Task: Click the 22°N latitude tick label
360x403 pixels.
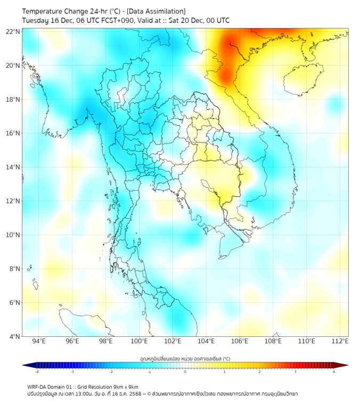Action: (13, 31)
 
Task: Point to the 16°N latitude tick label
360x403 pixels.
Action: (13, 133)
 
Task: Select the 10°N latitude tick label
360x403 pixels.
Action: (13, 235)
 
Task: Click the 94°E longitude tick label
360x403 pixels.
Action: (39, 341)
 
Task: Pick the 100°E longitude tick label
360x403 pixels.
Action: (139, 341)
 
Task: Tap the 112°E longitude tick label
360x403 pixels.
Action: (340, 341)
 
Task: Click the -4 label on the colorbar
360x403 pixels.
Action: (36, 372)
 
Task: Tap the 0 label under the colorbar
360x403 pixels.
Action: (185, 372)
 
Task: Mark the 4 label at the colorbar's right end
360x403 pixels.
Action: (334, 372)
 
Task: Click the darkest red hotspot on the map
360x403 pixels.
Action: (230, 44)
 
